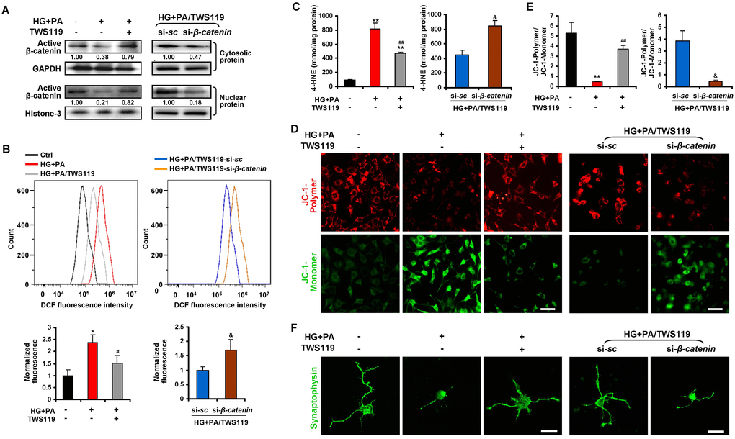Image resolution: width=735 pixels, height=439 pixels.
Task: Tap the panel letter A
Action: point(9,9)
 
